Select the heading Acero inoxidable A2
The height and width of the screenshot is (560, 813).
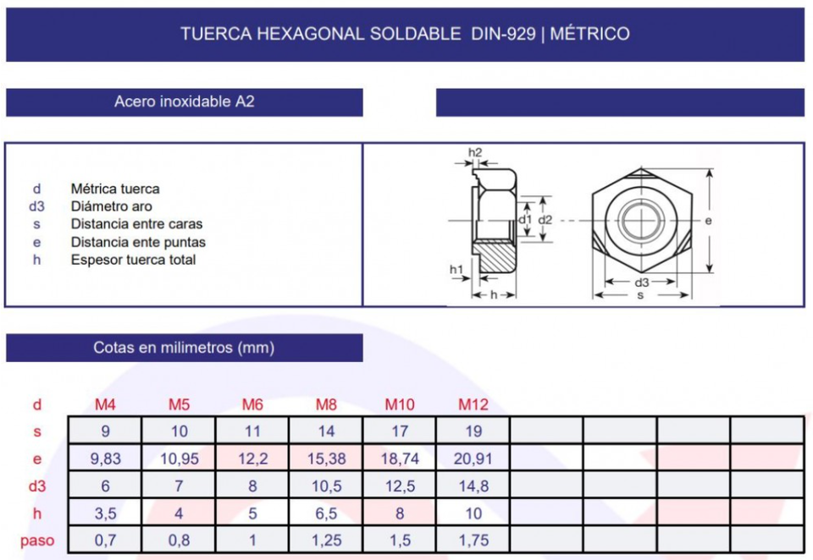184,102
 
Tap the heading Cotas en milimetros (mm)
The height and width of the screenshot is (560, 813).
184,347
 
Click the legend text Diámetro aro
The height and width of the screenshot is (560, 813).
112,206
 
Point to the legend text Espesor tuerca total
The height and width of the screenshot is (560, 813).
133,260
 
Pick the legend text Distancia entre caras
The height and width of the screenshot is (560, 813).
136,224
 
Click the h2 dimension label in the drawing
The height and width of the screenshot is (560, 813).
475,152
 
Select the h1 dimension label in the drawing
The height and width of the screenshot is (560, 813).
456,269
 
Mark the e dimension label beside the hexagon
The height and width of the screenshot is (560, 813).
708,220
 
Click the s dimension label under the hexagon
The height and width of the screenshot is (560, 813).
640,295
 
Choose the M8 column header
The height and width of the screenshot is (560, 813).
326,404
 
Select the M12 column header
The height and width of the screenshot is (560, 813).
473,404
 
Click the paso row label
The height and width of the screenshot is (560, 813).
37,540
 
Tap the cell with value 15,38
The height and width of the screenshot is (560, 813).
326,458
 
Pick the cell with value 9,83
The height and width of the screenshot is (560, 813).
105,458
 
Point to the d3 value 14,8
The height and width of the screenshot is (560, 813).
473,486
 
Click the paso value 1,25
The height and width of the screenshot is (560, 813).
326,540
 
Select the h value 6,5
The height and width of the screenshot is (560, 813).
326,513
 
